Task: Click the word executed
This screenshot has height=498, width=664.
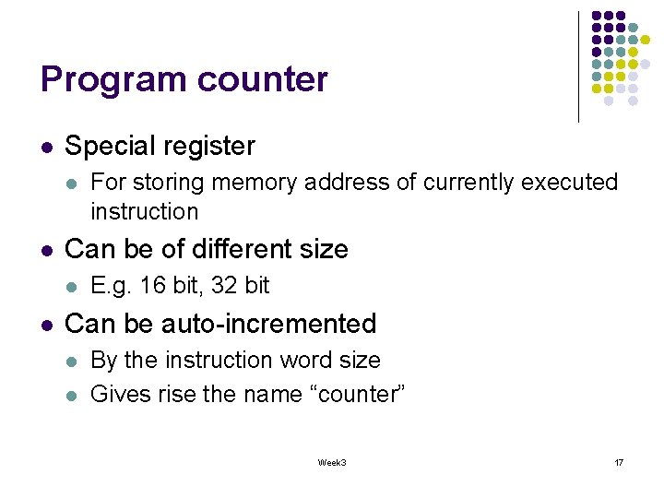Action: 569,183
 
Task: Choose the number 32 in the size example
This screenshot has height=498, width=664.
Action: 225,286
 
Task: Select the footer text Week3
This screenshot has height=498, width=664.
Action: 331,462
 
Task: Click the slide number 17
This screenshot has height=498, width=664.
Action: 618,462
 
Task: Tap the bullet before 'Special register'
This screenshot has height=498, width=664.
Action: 46,147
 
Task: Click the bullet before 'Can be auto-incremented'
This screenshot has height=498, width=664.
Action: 46,325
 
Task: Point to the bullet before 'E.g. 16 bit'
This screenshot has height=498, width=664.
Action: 72,287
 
